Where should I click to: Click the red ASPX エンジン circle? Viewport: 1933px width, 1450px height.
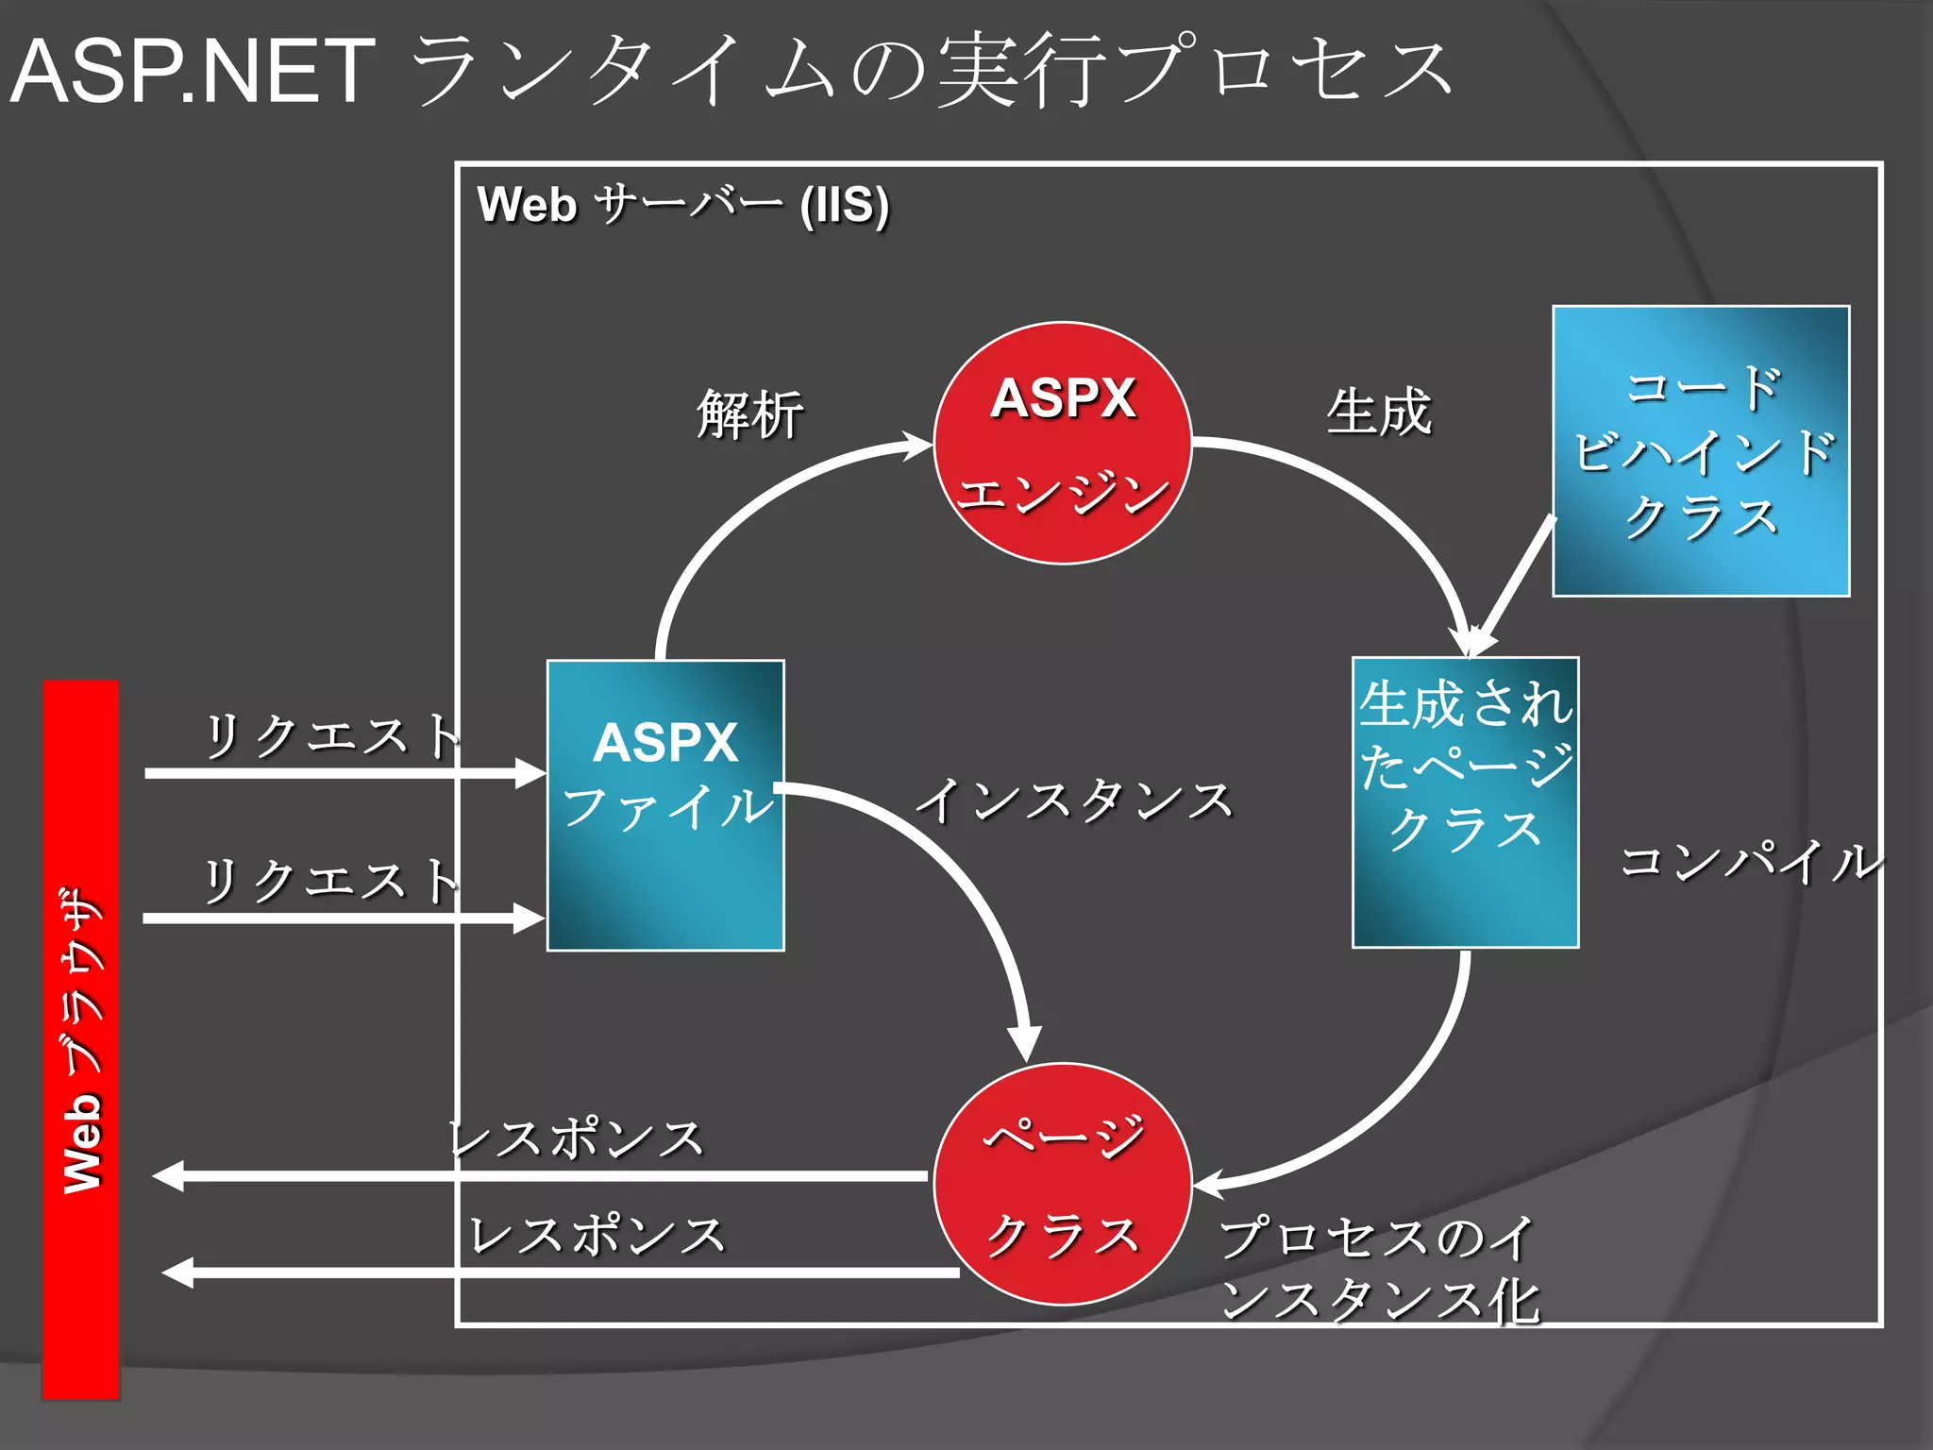coord(1063,443)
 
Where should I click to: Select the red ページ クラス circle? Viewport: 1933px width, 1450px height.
coord(1063,1184)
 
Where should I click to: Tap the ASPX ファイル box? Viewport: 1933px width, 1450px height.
coord(665,805)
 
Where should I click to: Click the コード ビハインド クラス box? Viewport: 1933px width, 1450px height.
coord(1701,451)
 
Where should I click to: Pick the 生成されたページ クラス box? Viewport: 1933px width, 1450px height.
coord(1465,802)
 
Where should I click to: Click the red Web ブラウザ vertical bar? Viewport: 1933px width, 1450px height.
coord(81,1038)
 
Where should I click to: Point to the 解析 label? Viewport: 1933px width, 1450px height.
coord(750,414)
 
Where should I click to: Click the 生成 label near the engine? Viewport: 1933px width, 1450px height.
coord(1379,413)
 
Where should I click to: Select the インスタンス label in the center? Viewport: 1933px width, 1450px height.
coord(1075,801)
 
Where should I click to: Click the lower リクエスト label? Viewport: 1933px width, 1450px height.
coord(330,881)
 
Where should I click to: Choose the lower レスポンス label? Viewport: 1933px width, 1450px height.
coord(597,1235)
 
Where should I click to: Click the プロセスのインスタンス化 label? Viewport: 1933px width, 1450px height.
coord(1379,1269)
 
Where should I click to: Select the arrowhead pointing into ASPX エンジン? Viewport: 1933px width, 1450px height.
coord(916,445)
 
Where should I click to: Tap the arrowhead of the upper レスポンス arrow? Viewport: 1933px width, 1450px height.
coord(168,1176)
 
